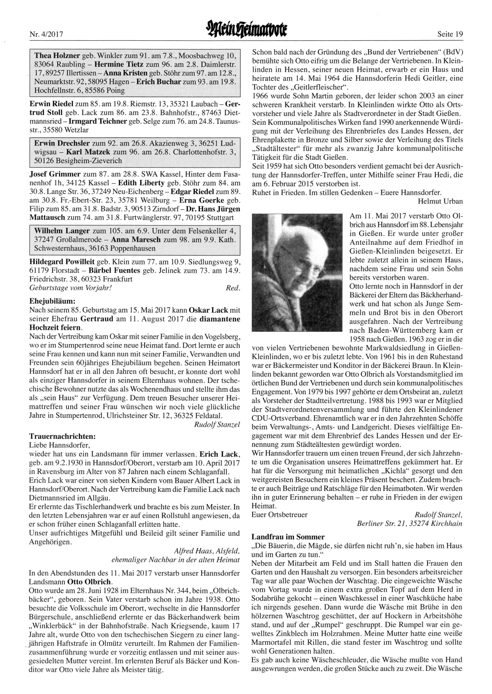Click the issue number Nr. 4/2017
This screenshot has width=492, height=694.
point(44,34)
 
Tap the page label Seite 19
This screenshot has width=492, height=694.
point(450,34)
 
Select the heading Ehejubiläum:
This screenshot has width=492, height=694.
point(53,299)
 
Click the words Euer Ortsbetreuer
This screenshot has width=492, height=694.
point(279,515)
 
